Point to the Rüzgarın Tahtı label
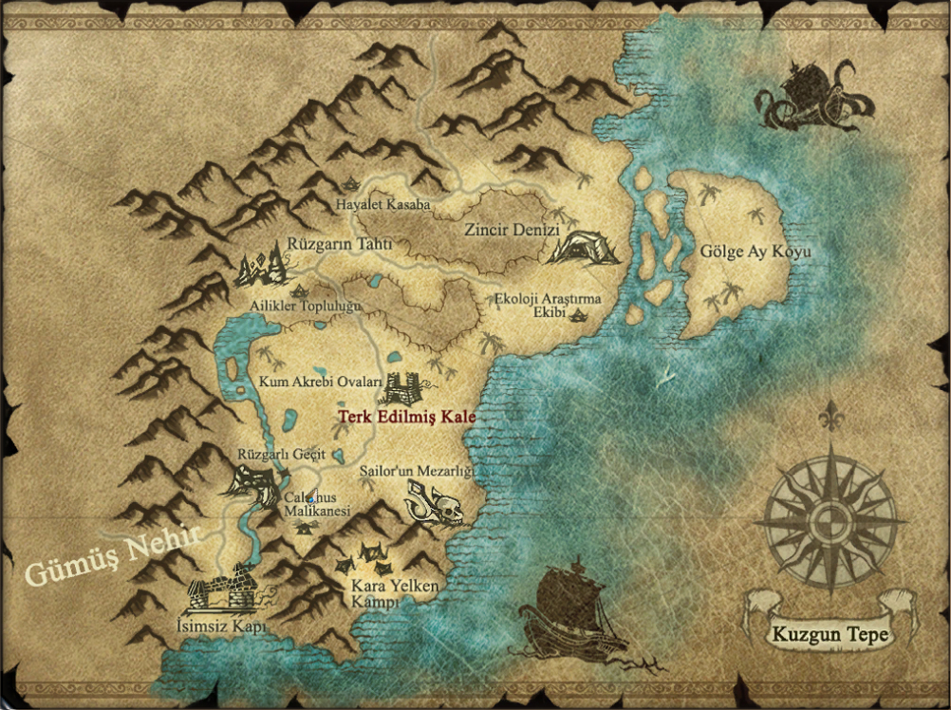[x=340, y=245]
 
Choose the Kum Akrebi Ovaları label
[x=320, y=382]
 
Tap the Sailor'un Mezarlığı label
[x=416, y=471]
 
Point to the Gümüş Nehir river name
[x=112, y=555]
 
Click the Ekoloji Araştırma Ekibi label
[x=549, y=306]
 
